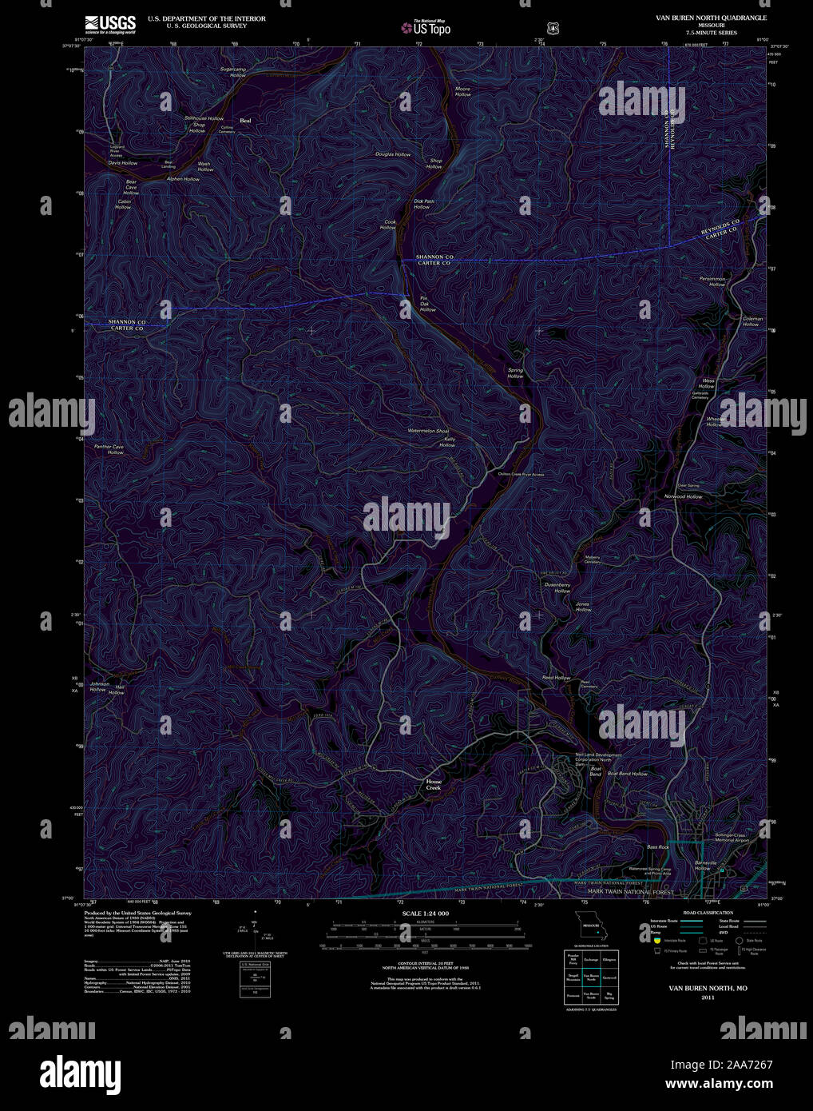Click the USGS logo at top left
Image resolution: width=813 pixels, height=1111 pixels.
110,24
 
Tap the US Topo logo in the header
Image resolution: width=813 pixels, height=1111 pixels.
426,29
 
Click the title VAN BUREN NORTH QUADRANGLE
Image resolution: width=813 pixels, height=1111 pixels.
706,18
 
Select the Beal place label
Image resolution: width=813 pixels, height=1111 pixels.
245,121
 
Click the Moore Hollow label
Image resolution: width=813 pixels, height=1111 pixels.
463,92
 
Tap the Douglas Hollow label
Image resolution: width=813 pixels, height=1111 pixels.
393,154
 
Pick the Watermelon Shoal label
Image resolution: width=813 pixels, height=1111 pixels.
428,432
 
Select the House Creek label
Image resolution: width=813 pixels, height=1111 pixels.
433,784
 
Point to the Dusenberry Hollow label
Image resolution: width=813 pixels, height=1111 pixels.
557,587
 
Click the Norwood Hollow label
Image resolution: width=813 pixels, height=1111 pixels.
683,496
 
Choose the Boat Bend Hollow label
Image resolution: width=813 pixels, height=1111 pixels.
628,774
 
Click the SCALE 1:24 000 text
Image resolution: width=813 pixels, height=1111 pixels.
426,914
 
